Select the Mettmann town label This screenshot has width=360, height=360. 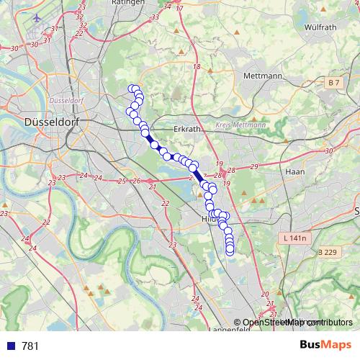pyautogui.click(x=261, y=76)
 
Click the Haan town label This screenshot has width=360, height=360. pyautogui.click(x=295, y=172)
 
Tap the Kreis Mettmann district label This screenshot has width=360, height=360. pyautogui.click(x=241, y=125)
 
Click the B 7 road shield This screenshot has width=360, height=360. pyautogui.click(x=333, y=84)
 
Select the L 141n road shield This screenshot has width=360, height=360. pyautogui.click(x=294, y=238)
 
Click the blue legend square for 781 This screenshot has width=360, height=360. pyautogui.click(x=9, y=346)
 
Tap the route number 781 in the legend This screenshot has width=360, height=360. pyautogui.click(x=30, y=346)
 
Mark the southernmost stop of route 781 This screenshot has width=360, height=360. pyautogui.click(x=230, y=250)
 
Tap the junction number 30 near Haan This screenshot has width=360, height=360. pyautogui.click(x=330, y=150)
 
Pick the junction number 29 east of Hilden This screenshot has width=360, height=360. pyautogui.click(x=253, y=167)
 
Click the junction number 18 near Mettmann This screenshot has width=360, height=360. pyautogui.click(x=196, y=66)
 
